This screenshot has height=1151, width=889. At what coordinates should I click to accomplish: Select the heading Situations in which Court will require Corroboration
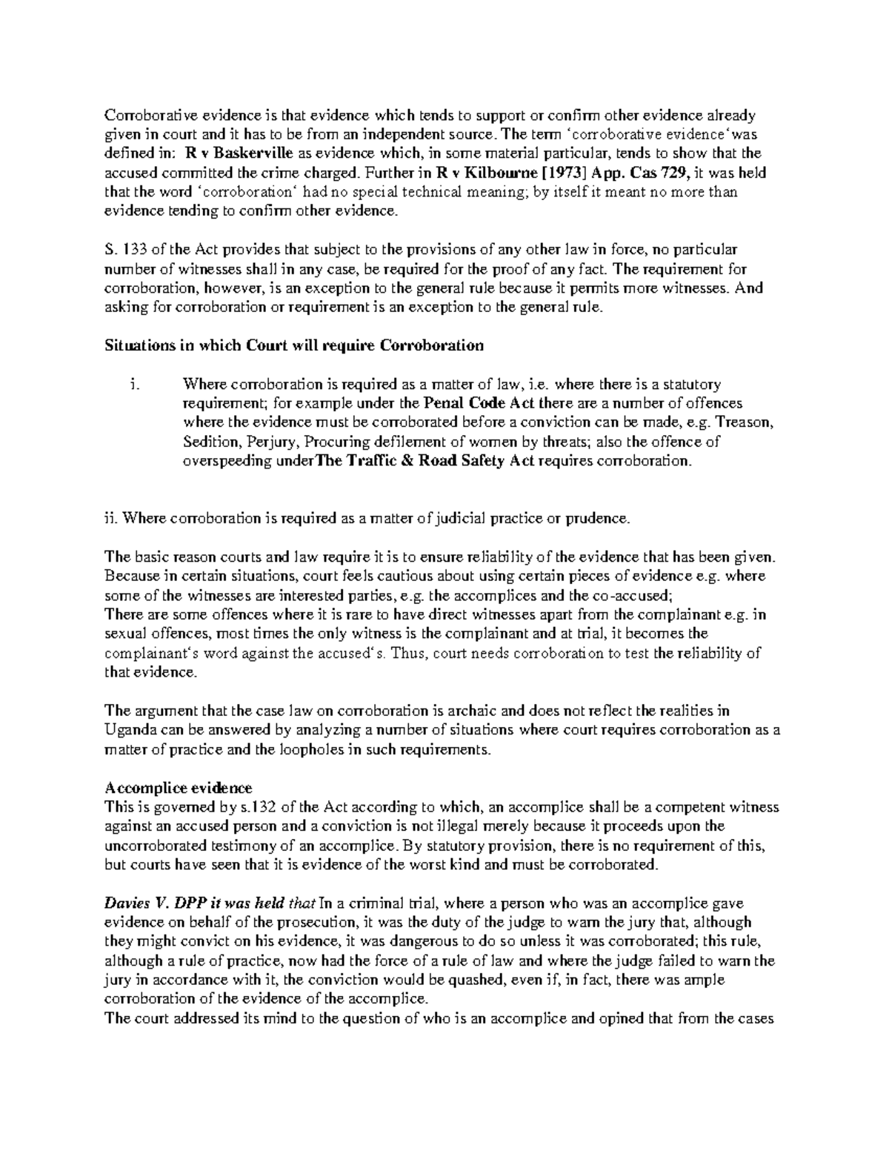pyautogui.click(x=294, y=345)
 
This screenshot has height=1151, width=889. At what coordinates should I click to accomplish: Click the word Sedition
pyautogui.click(x=209, y=442)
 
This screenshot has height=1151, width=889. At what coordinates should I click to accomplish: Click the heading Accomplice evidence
pyautogui.click(x=179, y=788)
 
